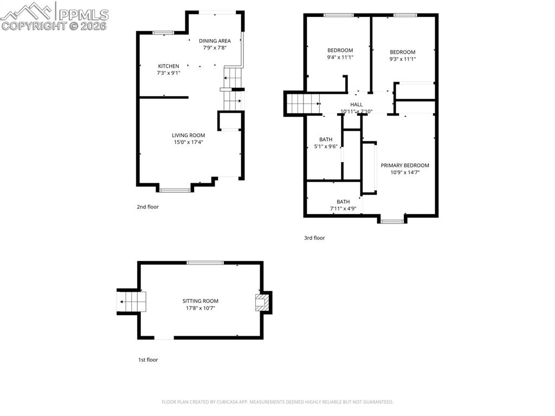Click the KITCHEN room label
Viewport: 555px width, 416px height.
pos(168,66)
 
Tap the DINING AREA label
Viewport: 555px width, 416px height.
pos(215,41)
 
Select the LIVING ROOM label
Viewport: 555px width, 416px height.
pos(188,135)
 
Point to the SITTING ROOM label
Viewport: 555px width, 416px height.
pos(200,301)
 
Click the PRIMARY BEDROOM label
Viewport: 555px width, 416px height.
pos(404,165)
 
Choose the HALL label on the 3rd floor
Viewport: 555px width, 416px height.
pos(356,105)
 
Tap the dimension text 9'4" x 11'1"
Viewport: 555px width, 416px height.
pos(340,57)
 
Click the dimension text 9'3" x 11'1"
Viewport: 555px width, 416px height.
pos(402,59)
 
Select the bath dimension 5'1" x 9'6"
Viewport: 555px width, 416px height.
pos(325,146)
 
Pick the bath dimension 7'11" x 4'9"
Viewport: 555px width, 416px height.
pos(343,209)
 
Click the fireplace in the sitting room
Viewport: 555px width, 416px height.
pos(262,302)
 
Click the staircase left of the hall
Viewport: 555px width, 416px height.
pos(303,103)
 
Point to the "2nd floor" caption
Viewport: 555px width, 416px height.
pos(147,207)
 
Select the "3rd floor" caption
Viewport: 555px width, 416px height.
pos(314,238)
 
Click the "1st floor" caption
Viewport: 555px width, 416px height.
pos(147,360)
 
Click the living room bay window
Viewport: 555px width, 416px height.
pos(175,190)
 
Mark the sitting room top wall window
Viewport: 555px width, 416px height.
pos(205,263)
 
